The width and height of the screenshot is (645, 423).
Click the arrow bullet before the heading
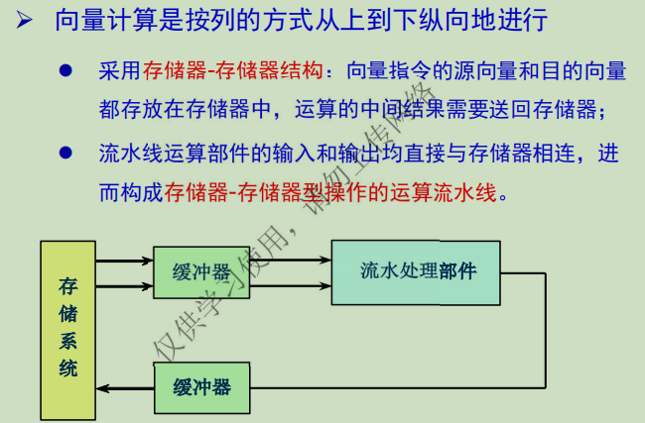tap(27, 21)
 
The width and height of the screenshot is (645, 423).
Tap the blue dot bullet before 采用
tap(66, 71)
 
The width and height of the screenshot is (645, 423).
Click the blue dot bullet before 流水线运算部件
tap(66, 154)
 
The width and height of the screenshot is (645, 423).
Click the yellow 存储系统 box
tap(67, 329)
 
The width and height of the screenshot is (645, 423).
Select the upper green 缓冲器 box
tap(201, 272)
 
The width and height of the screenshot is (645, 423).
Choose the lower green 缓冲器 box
tap(201, 387)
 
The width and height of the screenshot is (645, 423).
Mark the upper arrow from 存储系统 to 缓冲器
tap(124, 262)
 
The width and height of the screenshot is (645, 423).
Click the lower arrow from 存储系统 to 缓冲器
tap(124, 286)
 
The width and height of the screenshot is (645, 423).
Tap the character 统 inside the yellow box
tap(68, 370)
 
